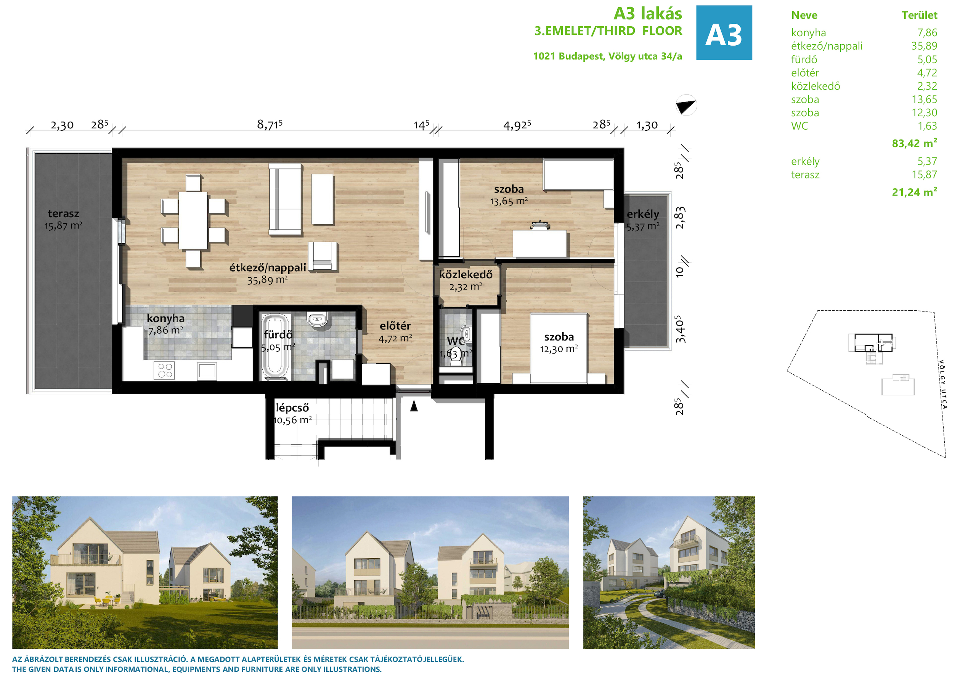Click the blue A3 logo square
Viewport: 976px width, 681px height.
[724, 33]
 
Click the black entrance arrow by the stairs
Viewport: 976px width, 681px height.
[414, 406]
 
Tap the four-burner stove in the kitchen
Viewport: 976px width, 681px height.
[164, 371]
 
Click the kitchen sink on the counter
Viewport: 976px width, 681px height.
[207, 371]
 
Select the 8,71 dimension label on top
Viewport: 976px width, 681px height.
[270, 125]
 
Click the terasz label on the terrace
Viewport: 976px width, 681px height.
[63, 214]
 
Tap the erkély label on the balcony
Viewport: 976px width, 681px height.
[643, 214]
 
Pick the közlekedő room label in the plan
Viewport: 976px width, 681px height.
[466, 275]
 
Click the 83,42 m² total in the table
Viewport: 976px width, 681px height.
[914, 143]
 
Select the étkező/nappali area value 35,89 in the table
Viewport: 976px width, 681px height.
[924, 46]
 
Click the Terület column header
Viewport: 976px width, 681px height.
[920, 15]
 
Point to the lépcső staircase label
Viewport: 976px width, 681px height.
[292, 408]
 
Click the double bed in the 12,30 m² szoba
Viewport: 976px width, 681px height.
[559, 348]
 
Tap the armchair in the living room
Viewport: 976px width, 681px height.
[323, 256]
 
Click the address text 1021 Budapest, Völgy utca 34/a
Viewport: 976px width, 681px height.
[608, 56]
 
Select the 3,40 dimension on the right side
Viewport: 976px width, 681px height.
[680, 329]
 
